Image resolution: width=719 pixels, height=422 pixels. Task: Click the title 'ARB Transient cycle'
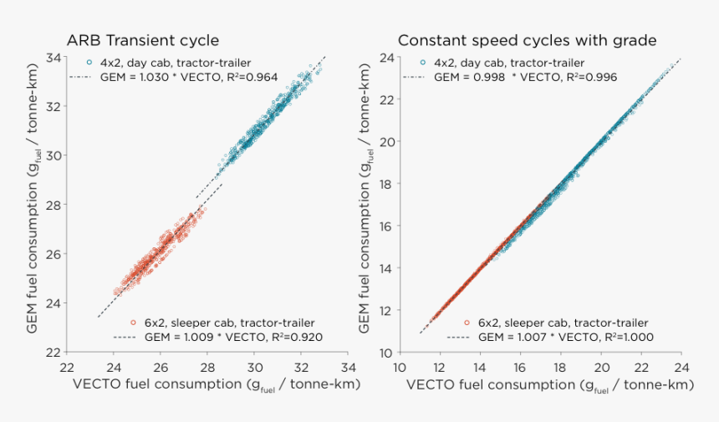(x=143, y=40)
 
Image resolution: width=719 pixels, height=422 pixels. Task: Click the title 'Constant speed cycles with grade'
(x=527, y=40)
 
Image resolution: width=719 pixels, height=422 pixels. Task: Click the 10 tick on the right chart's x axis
(x=400, y=366)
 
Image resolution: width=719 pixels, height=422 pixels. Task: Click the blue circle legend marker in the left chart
(x=89, y=63)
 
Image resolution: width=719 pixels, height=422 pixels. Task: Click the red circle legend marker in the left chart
(x=133, y=323)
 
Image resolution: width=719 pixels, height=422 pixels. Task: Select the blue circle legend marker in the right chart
(x=423, y=63)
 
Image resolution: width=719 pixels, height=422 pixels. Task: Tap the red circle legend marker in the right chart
(x=467, y=323)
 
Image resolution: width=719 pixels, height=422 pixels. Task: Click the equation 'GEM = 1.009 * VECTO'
(x=190, y=338)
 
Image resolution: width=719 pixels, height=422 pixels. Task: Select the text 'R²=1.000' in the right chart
(x=627, y=338)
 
